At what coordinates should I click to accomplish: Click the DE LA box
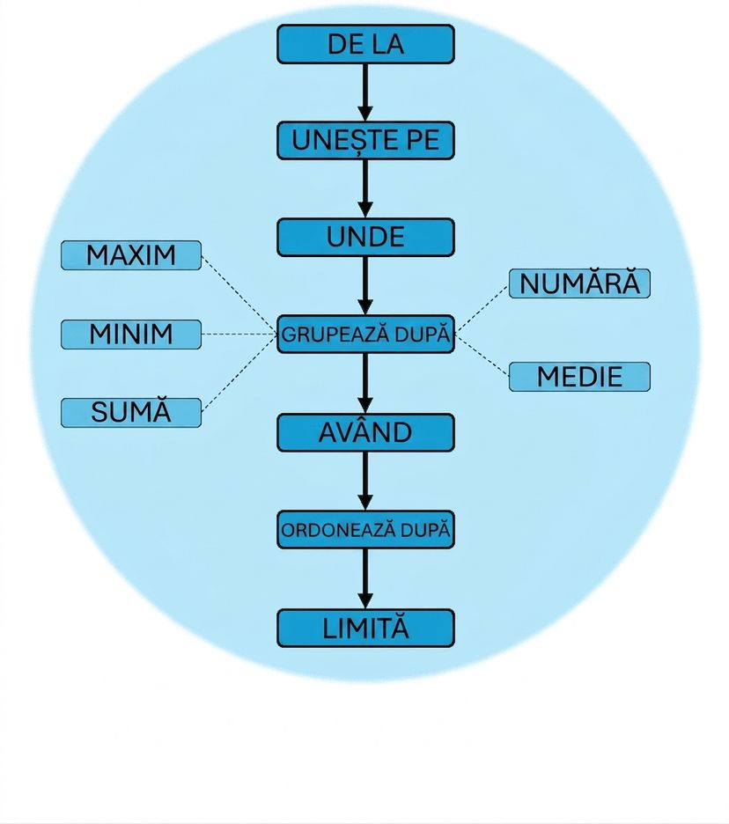365,44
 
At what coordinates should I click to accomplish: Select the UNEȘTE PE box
365,140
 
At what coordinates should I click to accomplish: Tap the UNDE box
365,237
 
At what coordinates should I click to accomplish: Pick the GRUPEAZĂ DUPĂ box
365,335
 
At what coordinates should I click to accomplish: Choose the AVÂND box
365,432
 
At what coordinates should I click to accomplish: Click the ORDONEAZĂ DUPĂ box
365,529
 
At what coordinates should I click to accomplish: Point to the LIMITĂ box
365,628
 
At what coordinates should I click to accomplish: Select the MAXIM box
131,255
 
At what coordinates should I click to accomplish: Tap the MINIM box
131,335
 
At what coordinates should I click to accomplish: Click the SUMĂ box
131,413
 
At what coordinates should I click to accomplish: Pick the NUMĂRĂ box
579,283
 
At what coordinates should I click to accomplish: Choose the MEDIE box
579,377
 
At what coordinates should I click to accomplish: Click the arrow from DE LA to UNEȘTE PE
365,92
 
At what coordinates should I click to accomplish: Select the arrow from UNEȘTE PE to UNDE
365,188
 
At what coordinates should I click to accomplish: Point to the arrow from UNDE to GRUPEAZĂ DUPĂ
365,286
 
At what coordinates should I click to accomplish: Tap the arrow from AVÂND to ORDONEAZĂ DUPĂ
365,481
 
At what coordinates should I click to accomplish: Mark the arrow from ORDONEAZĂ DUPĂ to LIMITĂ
365,578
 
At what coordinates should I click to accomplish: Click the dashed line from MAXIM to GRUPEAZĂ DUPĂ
239,295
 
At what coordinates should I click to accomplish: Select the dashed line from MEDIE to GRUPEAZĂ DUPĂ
482,356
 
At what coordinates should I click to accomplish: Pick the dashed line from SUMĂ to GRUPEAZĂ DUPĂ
239,372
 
